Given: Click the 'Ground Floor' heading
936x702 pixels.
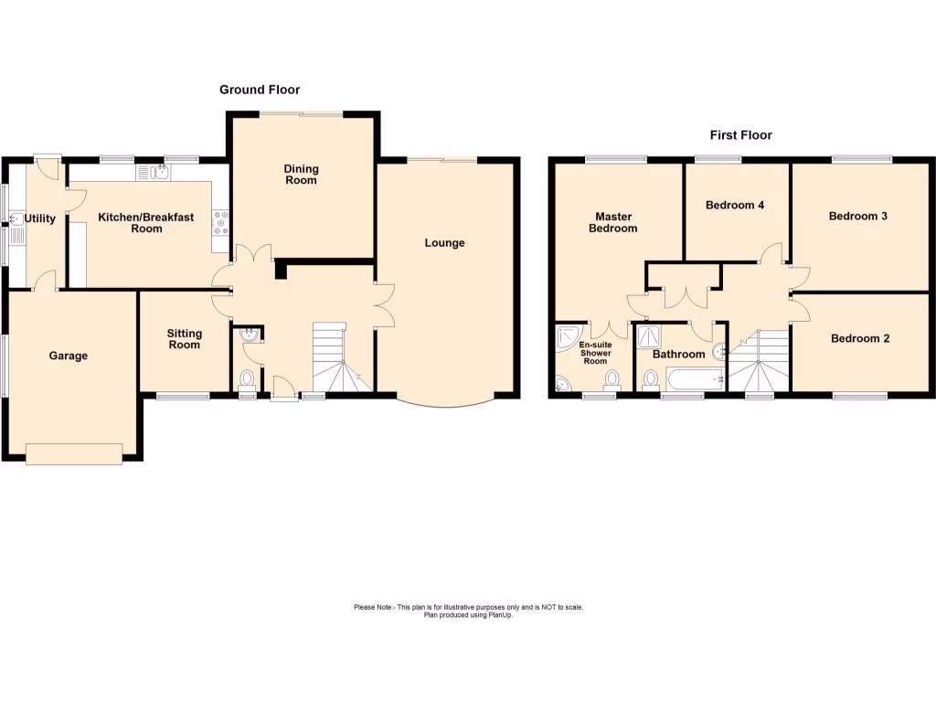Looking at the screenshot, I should pyautogui.click(x=260, y=90).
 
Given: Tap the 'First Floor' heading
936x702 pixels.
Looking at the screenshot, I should pyautogui.click(x=740, y=135).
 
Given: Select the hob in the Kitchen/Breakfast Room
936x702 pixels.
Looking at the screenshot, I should pyautogui.click(x=220, y=222).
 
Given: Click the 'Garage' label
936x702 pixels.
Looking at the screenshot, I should pyautogui.click(x=69, y=356).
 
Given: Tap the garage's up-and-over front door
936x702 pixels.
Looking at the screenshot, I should pyautogui.click(x=74, y=453).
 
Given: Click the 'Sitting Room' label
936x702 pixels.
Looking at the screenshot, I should pyautogui.click(x=184, y=339).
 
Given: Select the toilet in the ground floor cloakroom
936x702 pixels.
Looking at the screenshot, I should pyautogui.click(x=247, y=378).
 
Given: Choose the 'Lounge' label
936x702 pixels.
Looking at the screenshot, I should pyautogui.click(x=444, y=243).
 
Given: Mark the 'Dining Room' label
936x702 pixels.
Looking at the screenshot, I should pyautogui.click(x=301, y=174).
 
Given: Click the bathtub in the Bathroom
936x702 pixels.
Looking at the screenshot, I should pyautogui.click(x=694, y=378).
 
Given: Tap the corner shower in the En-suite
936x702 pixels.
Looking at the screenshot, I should pyautogui.click(x=568, y=338).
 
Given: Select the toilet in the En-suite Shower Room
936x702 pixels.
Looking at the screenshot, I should pyautogui.click(x=611, y=378).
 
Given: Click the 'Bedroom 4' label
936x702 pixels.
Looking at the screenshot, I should pyautogui.click(x=735, y=206).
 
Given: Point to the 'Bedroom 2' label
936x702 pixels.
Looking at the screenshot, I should pyautogui.click(x=859, y=338).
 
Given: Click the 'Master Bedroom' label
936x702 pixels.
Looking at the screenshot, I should pyautogui.click(x=612, y=222).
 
